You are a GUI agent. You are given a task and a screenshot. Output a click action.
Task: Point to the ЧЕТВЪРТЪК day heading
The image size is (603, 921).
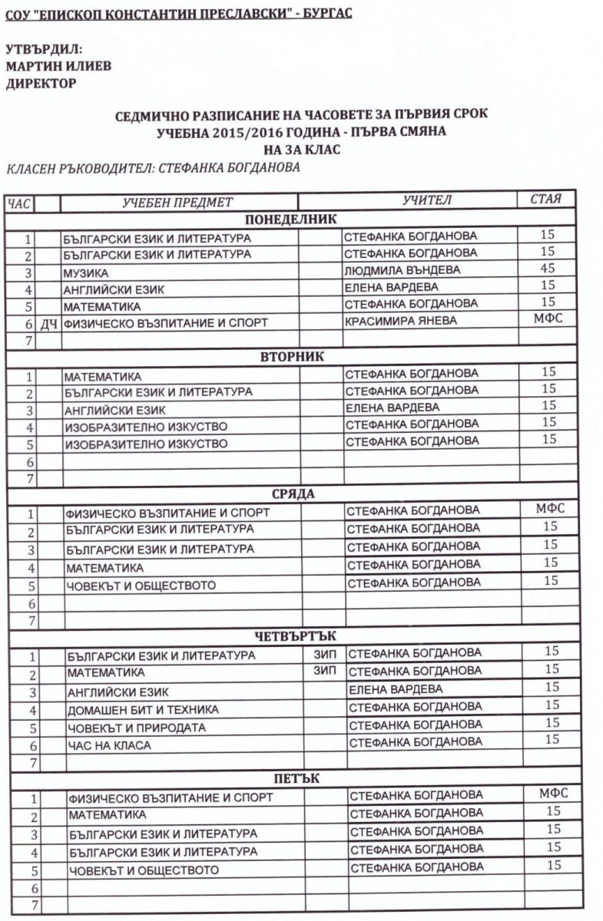click(296, 635)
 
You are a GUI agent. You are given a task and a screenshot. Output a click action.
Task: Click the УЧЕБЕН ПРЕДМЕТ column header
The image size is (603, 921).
click(177, 202)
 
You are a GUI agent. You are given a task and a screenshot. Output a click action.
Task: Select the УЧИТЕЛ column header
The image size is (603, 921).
click(427, 201)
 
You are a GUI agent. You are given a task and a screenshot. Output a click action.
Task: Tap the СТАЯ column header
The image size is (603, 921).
click(546, 200)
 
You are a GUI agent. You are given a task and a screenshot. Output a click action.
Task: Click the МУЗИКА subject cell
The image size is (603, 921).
click(86, 272)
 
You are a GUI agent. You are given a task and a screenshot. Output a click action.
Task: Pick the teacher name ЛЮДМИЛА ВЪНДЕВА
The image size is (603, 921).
click(402, 270)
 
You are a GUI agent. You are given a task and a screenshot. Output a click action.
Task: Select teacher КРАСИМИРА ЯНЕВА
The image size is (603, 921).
click(399, 321)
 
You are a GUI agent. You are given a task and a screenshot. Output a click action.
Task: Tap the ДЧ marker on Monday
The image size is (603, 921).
click(48, 323)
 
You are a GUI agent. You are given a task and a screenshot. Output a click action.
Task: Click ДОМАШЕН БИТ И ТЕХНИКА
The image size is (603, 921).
click(142, 709)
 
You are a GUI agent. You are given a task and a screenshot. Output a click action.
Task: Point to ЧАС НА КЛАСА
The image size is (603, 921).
click(108, 744)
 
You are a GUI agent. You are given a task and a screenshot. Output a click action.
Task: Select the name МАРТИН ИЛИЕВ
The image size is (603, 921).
click(58, 66)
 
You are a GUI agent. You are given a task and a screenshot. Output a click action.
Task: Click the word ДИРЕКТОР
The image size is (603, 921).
click(41, 83)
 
